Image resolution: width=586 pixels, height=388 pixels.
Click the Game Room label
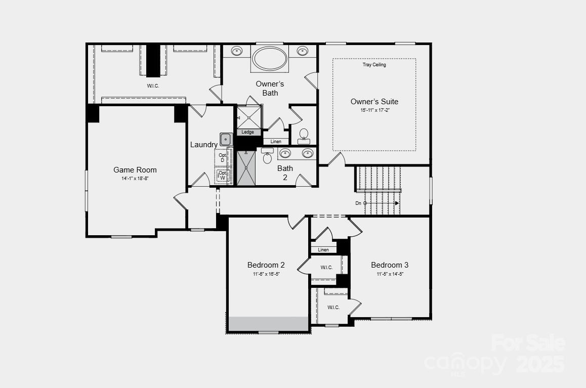tap(135, 170)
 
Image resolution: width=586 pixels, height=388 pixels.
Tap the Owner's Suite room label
tap(374, 102)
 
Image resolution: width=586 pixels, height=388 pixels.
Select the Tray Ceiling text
tap(374, 65)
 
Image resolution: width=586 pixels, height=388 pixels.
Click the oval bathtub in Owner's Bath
tap(270, 59)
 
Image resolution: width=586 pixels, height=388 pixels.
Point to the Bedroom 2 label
tap(266, 265)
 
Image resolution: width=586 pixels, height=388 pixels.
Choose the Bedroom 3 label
tap(390, 265)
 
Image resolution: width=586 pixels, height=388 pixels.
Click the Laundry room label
tap(203, 145)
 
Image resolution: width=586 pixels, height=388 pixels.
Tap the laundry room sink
tap(226, 139)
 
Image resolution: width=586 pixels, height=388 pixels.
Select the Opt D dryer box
tap(222, 158)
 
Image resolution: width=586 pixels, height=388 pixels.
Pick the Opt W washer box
tap(222, 176)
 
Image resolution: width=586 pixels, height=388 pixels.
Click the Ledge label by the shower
tap(247, 132)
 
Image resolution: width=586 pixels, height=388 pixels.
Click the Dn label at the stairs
tap(358, 203)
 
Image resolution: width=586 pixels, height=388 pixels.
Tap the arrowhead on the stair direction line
tap(397, 203)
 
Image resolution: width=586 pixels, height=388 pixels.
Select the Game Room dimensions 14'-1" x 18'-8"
tap(135, 179)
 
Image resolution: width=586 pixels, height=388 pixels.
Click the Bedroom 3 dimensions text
tap(390, 274)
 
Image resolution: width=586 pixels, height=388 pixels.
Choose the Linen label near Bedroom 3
tap(323, 250)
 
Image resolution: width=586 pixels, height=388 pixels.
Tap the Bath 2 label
tap(285, 173)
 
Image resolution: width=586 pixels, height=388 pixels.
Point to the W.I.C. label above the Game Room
tap(153, 86)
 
